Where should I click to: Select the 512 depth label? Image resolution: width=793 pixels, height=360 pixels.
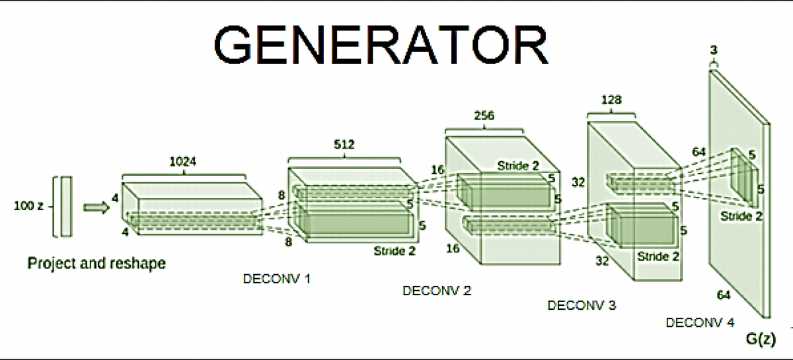click(344, 145)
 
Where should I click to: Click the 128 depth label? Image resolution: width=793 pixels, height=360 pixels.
click(611, 100)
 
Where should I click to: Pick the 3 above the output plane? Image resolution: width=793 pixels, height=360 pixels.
click(713, 50)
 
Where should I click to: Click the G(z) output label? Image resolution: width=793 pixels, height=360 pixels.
click(760, 340)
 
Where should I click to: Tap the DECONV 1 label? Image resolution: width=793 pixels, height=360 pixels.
click(277, 279)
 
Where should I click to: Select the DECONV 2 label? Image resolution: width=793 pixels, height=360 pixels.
click(437, 291)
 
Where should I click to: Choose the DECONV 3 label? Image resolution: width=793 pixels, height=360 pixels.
click(582, 305)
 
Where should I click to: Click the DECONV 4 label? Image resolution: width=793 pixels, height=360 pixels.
click(700, 323)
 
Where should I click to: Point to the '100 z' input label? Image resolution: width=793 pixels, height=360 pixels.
click(28, 206)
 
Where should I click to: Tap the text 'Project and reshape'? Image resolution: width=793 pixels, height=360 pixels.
click(96, 264)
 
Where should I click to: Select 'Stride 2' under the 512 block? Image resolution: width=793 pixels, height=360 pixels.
click(395, 250)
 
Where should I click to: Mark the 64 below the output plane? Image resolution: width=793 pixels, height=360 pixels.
click(724, 295)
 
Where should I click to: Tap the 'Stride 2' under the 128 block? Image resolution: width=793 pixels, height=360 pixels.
click(658, 256)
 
